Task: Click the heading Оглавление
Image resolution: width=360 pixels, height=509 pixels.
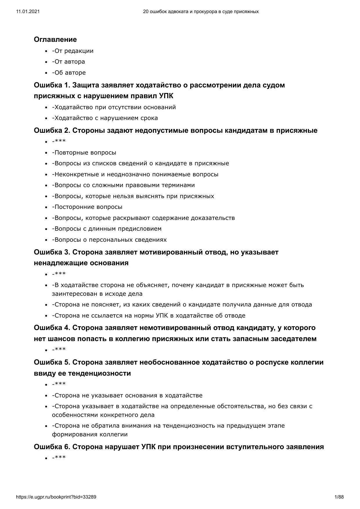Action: (x=55, y=40)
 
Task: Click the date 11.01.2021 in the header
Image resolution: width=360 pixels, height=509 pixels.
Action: (x=28, y=12)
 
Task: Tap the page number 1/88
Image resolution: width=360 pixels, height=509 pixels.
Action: (x=339, y=497)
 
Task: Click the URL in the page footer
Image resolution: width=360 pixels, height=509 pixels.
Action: (x=56, y=497)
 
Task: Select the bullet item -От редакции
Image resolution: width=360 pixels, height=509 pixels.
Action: (x=73, y=51)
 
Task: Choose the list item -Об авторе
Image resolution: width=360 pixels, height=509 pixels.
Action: (x=69, y=73)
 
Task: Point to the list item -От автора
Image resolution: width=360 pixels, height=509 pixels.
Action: (x=69, y=62)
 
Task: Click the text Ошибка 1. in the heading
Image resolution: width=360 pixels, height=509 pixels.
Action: (x=52, y=85)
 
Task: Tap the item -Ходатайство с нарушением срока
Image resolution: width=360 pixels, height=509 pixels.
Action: (x=105, y=118)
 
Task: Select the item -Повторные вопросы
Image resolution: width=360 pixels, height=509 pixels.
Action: (x=84, y=153)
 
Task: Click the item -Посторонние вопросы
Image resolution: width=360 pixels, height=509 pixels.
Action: (x=87, y=207)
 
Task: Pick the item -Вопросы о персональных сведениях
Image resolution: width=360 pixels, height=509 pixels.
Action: (x=109, y=240)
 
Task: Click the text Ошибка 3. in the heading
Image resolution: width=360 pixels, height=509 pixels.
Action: (x=52, y=252)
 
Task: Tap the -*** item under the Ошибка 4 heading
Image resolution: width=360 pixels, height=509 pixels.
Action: (x=59, y=349)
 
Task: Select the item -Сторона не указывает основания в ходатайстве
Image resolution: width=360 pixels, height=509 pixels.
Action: (x=127, y=395)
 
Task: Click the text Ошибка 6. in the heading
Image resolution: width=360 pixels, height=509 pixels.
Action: (x=52, y=447)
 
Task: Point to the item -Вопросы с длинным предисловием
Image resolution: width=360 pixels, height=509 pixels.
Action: (x=107, y=229)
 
